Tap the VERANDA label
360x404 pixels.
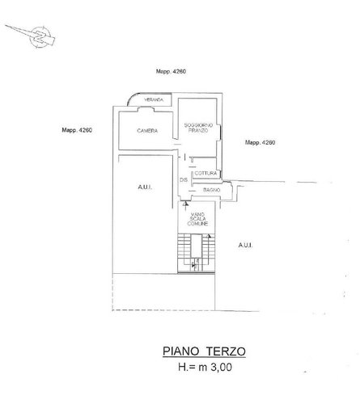(x=154, y=99)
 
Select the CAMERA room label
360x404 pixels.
(x=146, y=131)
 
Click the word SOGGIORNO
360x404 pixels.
(x=198, y=124)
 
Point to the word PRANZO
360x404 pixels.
(x=198, y=130)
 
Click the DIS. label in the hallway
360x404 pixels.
(x=184, y=179)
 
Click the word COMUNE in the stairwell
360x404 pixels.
(x=199, y=222)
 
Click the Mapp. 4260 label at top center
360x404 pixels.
(x=172, y=74)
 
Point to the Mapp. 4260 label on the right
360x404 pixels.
(x=260, y=142)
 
